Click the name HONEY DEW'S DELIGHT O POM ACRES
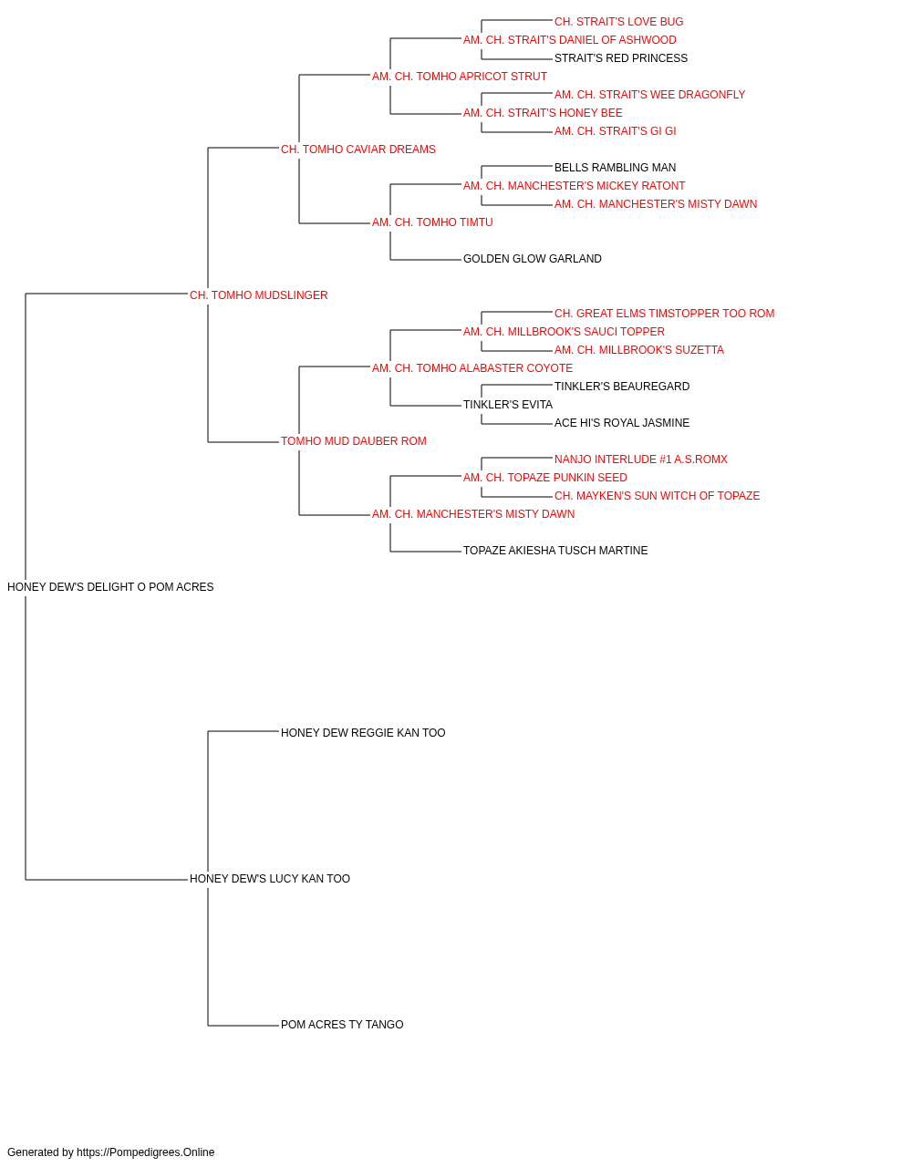tap(110, 587)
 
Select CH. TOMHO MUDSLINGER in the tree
tap(258, 295)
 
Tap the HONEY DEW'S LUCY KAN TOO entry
tap(270, 879)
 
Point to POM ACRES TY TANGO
tap(342, 1025)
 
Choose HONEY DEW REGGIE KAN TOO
tap(363, 733)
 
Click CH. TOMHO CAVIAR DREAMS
tap(358, 150)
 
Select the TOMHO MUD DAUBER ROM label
tap(354, 441)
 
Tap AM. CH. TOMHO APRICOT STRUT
tap(460, 77)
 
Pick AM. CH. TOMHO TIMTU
tap(432, 222)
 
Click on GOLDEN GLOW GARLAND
tap(533, 259)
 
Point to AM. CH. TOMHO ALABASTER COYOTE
tap(472, 367)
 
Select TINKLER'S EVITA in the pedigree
tap(508, 405)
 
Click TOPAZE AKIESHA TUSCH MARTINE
tap(555, 551)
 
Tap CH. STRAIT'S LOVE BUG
tap(618, 22)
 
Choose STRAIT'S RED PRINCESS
tap(621, 58)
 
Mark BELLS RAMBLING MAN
tap(615, 168)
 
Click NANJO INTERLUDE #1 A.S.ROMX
tap(641, 460)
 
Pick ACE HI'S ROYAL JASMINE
tap(622, 423)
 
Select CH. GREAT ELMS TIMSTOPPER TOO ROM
tap(665, 314)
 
